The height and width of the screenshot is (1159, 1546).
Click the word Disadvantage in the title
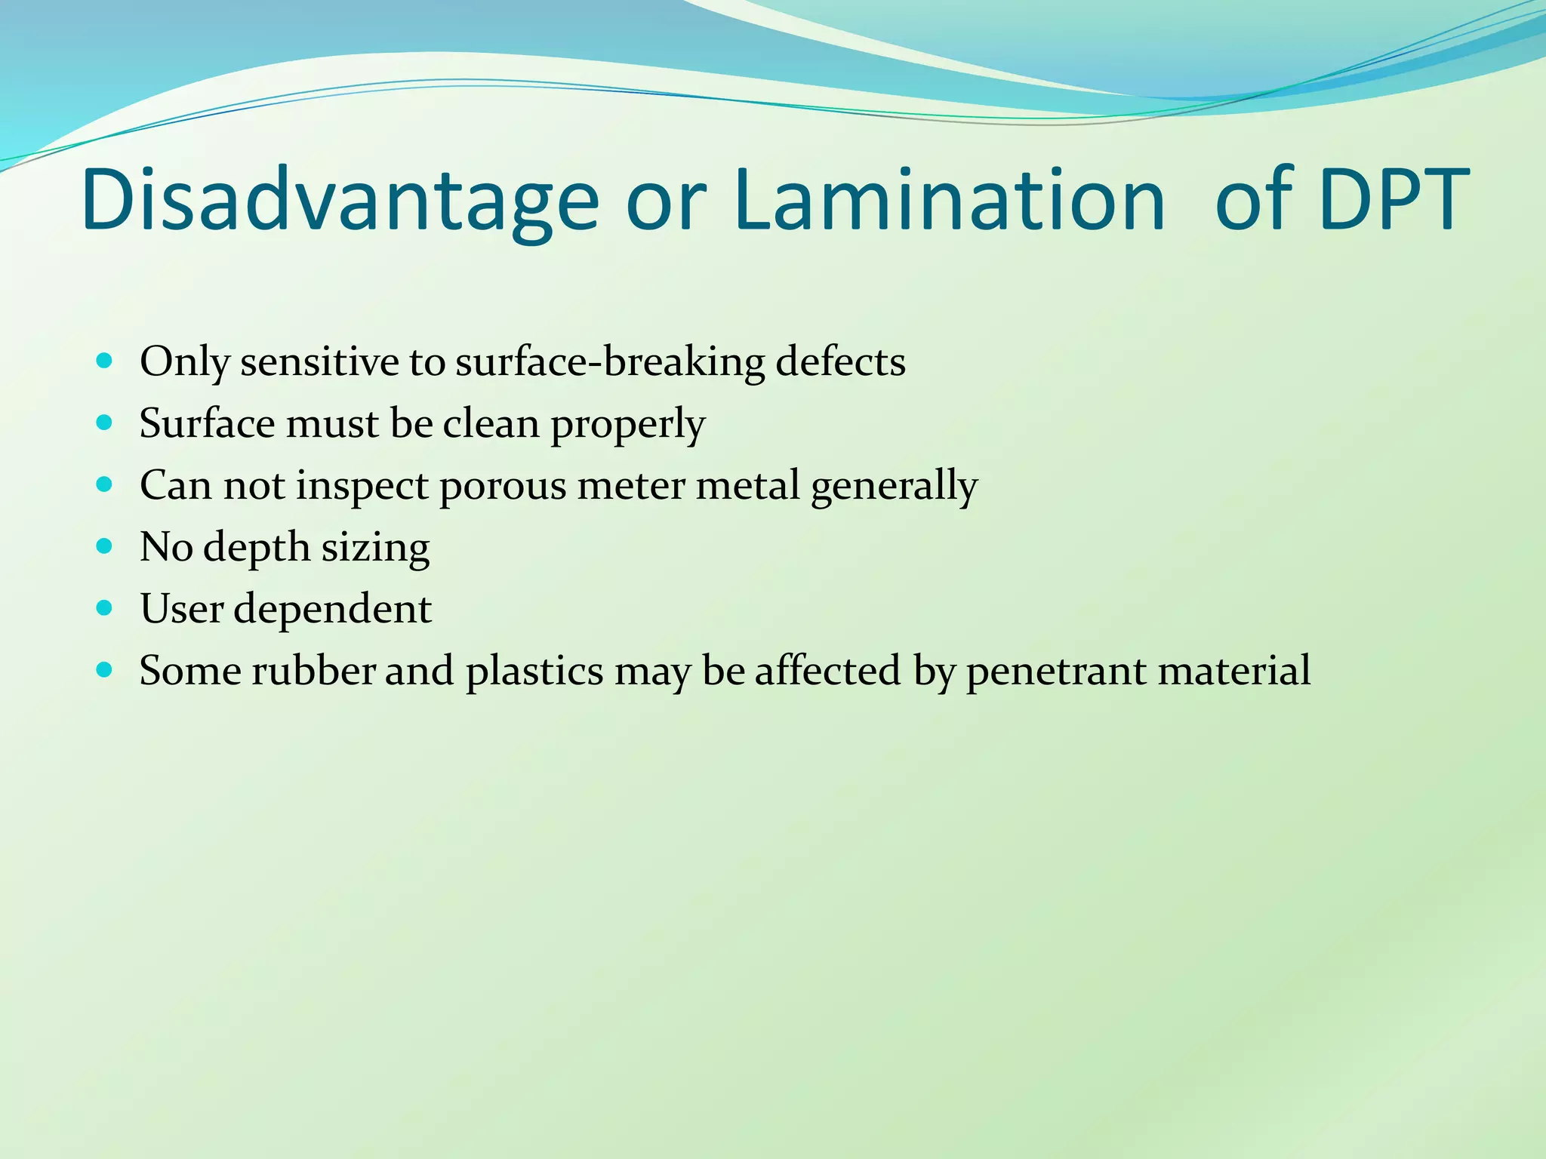(340, 201)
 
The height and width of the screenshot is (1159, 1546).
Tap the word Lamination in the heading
(949, 201)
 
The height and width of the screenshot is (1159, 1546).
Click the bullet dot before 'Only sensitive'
(105, 361)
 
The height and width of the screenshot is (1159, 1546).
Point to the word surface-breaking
(610, 361)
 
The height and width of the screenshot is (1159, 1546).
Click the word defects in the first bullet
(840, 361)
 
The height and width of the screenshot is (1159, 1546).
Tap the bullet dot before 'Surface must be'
(105, 423)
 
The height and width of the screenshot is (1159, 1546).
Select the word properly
(627, 425)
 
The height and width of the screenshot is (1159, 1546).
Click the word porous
(502, 487)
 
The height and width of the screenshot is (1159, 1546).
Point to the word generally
(894, 487)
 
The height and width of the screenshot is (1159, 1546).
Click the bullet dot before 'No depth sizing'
(105, 546)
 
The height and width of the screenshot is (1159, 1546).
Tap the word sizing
(375, 549)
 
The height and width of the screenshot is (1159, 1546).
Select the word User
(180, 608)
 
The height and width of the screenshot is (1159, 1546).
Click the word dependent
(332, 610)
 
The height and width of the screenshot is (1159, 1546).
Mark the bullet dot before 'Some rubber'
(105, 669)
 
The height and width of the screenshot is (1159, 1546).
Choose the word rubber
(313, 670)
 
